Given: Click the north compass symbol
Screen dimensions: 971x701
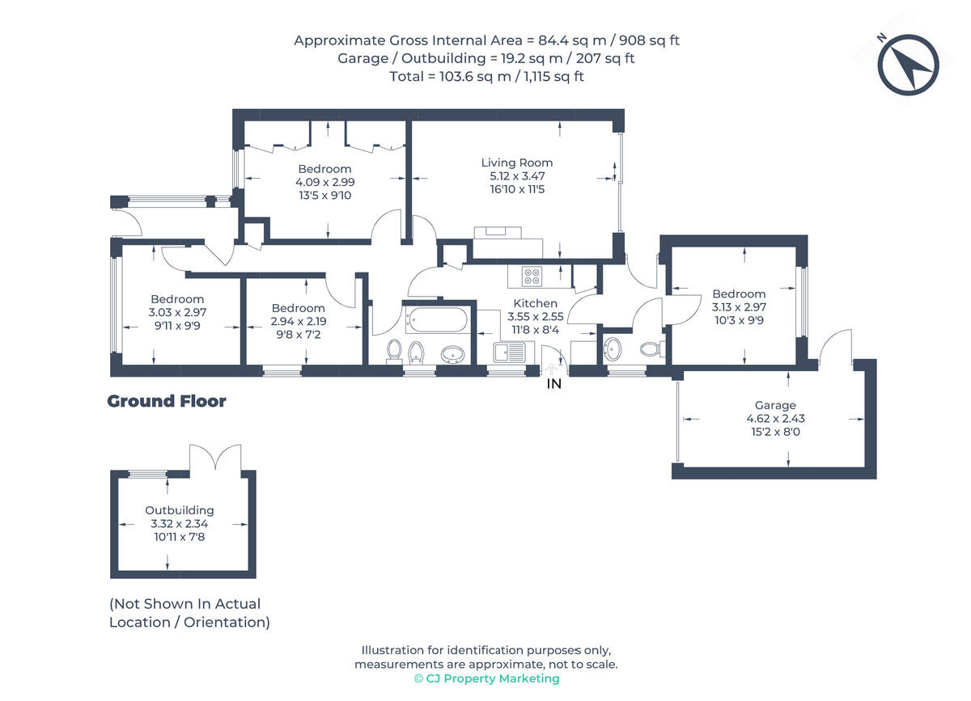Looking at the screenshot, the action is pos(908,65).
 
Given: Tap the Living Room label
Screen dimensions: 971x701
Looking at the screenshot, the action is pos(517,163).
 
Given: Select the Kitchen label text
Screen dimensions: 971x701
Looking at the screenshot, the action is pos(536,303).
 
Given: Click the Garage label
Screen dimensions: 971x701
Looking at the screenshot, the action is pos(775,406).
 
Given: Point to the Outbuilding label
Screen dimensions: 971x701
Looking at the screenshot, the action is pos(180,510).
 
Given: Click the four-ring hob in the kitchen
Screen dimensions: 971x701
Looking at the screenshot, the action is pos(532,277).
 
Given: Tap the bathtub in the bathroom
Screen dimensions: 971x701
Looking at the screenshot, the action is pos(436,319).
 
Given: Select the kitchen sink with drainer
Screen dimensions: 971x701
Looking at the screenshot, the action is pos(509,353).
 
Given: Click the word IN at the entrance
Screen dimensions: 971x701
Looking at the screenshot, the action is pos(554,384).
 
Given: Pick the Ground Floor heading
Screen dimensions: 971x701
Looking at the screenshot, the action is pos(167,401).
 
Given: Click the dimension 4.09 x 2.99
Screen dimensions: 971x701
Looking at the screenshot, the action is pos(325,182).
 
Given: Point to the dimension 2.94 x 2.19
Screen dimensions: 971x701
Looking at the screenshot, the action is pos(299,322).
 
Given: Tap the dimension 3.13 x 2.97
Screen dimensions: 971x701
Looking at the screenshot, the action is pos(739,307).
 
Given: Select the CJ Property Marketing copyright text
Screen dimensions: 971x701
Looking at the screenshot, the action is pos(487,678).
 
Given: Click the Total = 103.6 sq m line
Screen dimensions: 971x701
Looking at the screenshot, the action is pos(486,77).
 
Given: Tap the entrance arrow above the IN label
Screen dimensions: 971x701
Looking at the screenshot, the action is pos(551,369).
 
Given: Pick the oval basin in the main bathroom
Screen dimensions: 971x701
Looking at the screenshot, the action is pos(453,354).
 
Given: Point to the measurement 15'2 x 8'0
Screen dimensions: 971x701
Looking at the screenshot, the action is pos(775,432).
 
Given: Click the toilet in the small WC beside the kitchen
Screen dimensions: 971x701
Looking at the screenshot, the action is pos(651,349).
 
